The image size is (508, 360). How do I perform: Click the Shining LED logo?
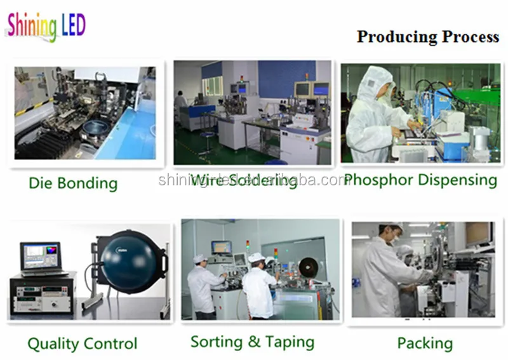[46, 26]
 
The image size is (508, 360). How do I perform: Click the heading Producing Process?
[427, 37]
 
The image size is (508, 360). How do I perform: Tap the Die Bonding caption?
[73, 184]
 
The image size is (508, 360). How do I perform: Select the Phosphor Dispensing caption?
[420, 180]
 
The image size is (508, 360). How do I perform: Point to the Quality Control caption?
[82, 344]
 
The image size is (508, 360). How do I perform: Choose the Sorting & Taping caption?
[252, 342]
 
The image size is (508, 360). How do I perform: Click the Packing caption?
[425, 343]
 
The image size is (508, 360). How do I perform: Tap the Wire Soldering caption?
[244, 181]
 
